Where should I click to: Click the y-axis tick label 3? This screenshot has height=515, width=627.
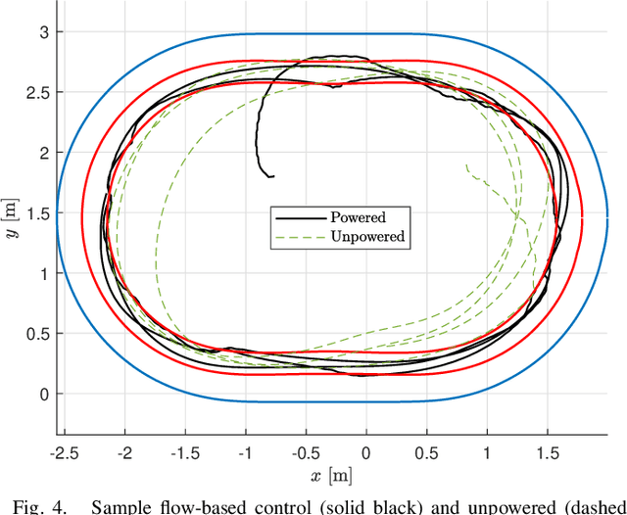point(43,32)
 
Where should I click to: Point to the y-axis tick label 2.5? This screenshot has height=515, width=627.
point(37,92)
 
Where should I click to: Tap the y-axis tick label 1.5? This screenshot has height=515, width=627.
point(37,213)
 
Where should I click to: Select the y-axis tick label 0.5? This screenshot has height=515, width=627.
point(37,334)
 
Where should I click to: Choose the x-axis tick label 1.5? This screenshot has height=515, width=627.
point(547,454)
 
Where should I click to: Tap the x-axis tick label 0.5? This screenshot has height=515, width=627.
point(426,454)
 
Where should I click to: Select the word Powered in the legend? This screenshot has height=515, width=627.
point(359,217)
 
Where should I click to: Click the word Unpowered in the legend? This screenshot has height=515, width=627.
point(367,236)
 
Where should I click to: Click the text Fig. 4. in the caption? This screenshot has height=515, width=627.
point(30,506)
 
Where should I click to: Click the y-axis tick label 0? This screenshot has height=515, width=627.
point(43,395)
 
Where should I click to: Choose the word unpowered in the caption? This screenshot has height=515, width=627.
point(516,506)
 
